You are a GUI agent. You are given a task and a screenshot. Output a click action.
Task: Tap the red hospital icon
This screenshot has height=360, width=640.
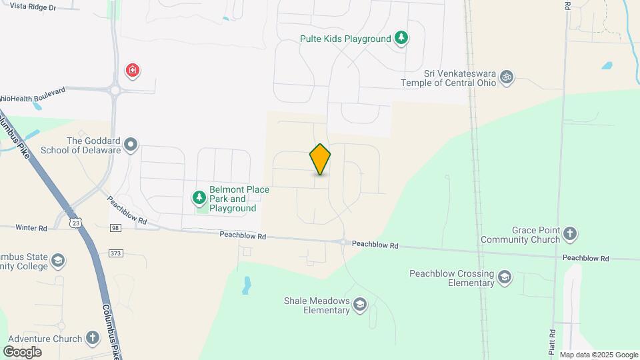(133, 70)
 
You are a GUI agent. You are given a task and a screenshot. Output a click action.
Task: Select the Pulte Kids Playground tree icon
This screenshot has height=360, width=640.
(401, 38)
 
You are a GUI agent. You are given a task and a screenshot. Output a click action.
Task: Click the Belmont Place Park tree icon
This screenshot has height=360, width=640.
(199, 197)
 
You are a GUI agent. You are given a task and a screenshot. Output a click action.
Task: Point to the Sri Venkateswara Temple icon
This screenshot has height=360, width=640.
(507, 77)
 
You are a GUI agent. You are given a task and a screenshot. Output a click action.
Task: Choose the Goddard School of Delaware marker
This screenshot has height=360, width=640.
(131, 144)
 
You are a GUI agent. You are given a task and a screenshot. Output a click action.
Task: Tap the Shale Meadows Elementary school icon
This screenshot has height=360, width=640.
(360, 305)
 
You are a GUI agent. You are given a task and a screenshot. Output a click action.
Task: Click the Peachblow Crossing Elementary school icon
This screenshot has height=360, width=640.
(505, 277)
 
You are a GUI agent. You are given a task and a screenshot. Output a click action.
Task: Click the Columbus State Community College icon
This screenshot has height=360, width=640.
(58, 260)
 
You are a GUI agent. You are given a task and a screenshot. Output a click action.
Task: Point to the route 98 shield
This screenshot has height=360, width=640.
(115, 229)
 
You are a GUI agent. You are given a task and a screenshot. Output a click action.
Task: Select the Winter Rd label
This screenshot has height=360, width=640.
(33, 228)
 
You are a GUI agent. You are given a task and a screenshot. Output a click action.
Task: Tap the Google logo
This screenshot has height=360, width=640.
(22, 352)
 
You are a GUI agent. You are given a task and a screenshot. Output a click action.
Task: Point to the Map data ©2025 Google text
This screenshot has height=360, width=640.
(599, 355)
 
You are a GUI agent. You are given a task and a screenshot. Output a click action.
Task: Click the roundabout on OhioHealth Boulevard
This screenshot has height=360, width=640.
(115, 89)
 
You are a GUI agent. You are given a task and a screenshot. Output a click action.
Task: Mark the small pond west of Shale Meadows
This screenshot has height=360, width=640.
(247, 285)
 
